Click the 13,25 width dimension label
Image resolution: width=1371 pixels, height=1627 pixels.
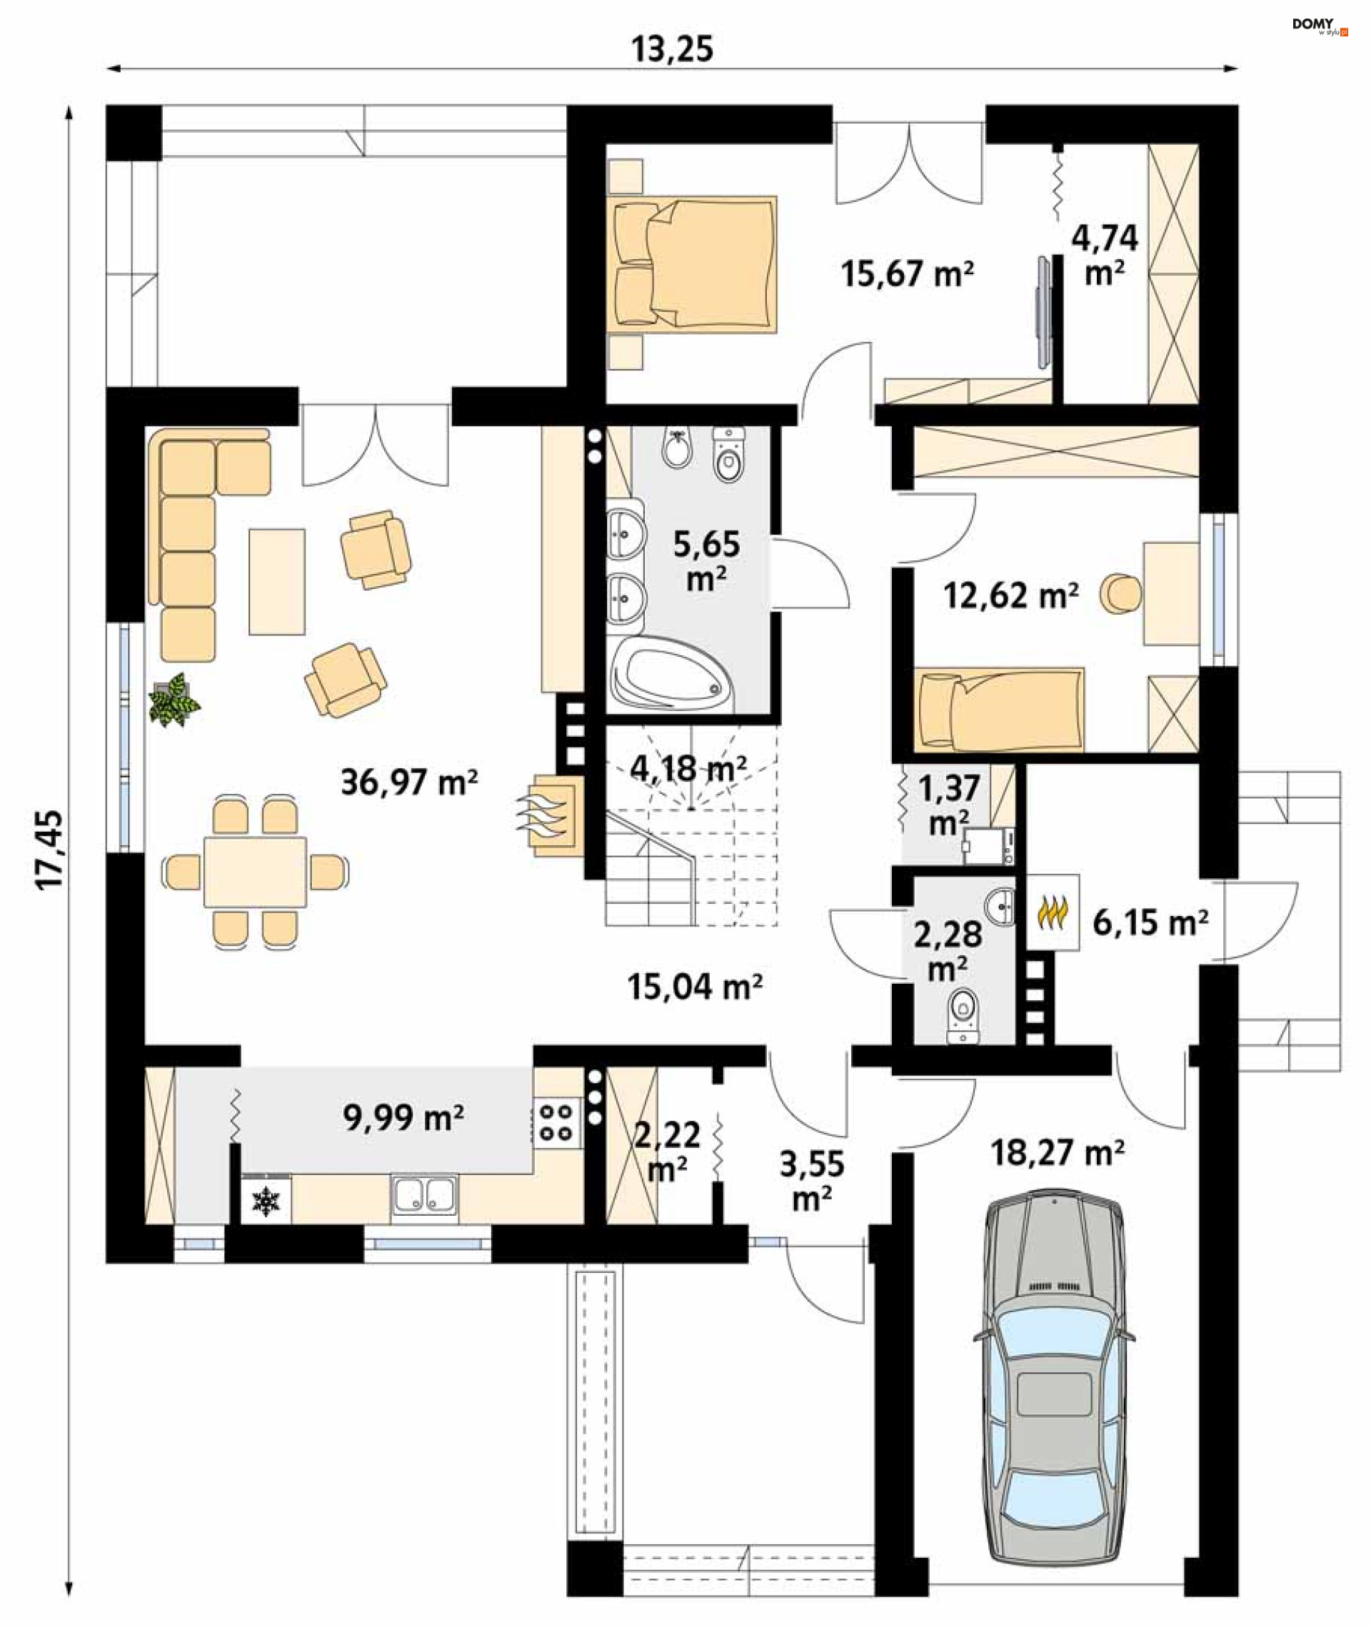pos(671,49)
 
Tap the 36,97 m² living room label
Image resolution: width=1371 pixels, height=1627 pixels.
pos(410,782)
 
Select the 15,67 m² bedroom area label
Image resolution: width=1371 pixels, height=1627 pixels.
pos(907,273)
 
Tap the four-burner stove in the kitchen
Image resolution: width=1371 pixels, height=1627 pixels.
pos(556,1122)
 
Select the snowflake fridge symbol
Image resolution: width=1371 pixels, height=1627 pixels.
pos(266,1202)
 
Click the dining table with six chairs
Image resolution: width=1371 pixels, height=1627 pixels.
pos(255,872)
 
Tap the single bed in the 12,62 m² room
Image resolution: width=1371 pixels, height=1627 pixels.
pos(1000,710)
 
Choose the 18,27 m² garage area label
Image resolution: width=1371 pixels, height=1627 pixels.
pos(1057,1153)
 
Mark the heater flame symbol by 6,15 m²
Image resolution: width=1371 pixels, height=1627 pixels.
pos(1053,912)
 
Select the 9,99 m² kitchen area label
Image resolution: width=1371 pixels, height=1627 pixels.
pos(403,1118)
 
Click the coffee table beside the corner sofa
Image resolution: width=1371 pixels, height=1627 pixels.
pos(276,581)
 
